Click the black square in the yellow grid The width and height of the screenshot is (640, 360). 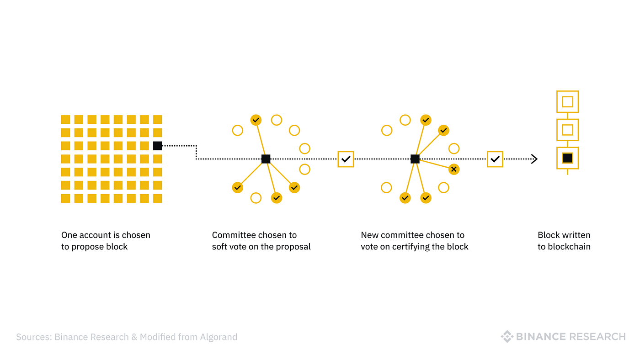pos(157,146)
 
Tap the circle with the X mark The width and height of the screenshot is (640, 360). pos(453,169)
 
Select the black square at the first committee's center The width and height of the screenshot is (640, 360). pos(266,159)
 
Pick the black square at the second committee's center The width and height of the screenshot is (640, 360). pos(415,159)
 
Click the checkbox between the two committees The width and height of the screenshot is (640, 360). pos(346,159)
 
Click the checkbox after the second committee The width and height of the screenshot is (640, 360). pos(495,159)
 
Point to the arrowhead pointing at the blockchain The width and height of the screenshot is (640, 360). pos(534,159)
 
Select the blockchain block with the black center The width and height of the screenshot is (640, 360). pos(567,158)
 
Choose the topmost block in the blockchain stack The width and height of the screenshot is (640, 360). pos(567,101)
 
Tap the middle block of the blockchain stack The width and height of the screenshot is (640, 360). pos(567,130)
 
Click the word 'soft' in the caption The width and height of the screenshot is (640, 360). pos(219,246)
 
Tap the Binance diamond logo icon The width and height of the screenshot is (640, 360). pos(507,336)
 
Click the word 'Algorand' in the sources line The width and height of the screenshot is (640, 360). pos(219,337)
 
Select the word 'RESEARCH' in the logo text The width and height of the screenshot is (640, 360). pos(597,337)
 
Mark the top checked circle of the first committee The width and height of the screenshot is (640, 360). pos(256,120)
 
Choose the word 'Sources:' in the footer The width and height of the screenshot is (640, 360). pos(34,337)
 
